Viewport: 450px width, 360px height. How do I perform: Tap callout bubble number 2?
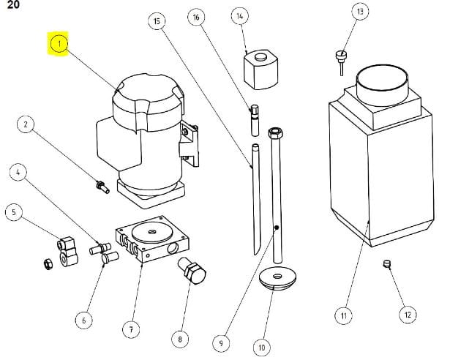[26, 125]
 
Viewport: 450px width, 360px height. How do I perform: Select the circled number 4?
[18, 173]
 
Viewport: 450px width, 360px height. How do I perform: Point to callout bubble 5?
[13, 212]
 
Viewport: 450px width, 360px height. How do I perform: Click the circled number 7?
[131, 329]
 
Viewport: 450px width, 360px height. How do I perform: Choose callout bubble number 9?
[220, 342]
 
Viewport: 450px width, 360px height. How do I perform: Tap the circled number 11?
[342, 315]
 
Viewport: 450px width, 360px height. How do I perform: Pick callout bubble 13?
[359, 12]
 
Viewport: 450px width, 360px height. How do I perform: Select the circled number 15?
[155, 21]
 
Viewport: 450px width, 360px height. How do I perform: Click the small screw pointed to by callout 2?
[102, 187]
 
